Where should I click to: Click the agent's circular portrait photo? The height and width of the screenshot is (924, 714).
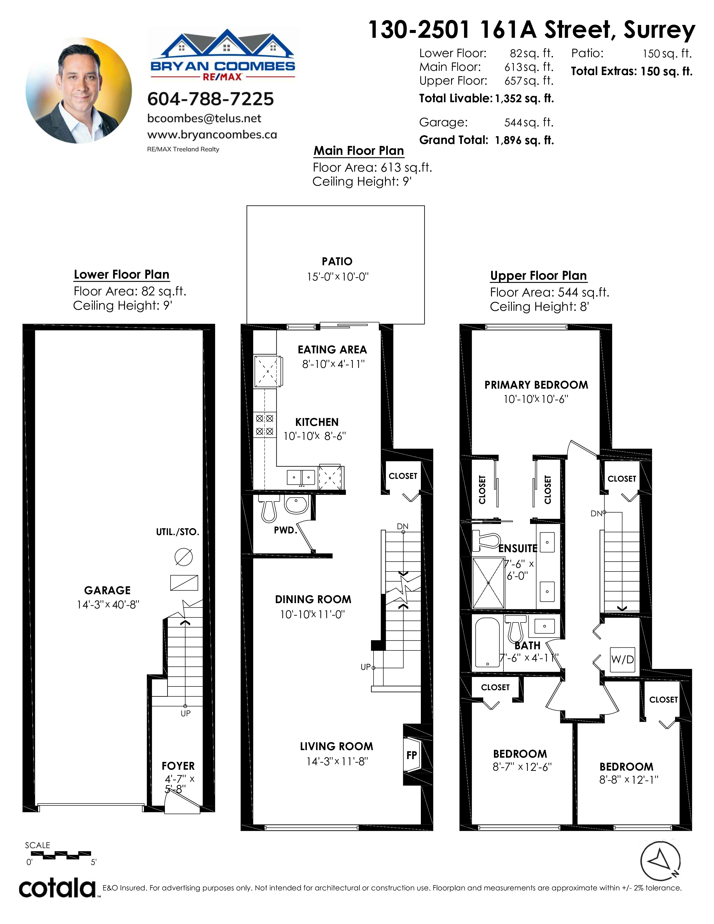pyautogui.click(x=79, y=90)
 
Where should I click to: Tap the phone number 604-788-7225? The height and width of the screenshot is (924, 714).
pyautogui.click(x=211, y=99)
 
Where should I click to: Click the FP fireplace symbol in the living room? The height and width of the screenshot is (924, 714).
pyautogui.click(x=411, y=755)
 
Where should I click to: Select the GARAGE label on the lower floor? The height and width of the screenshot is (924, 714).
pyautogui.click(x=108, y=591)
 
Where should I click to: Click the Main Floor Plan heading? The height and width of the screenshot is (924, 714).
pyautogui.click(x=359, y=151)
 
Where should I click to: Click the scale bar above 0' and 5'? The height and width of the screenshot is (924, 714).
pyautogui.click(x=61, y=855)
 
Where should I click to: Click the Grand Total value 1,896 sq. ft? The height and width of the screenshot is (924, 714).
pyautogui.click(x=524, y=141)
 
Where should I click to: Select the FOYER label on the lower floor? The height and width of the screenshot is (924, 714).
pyautogui.click(x=178, y=766)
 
